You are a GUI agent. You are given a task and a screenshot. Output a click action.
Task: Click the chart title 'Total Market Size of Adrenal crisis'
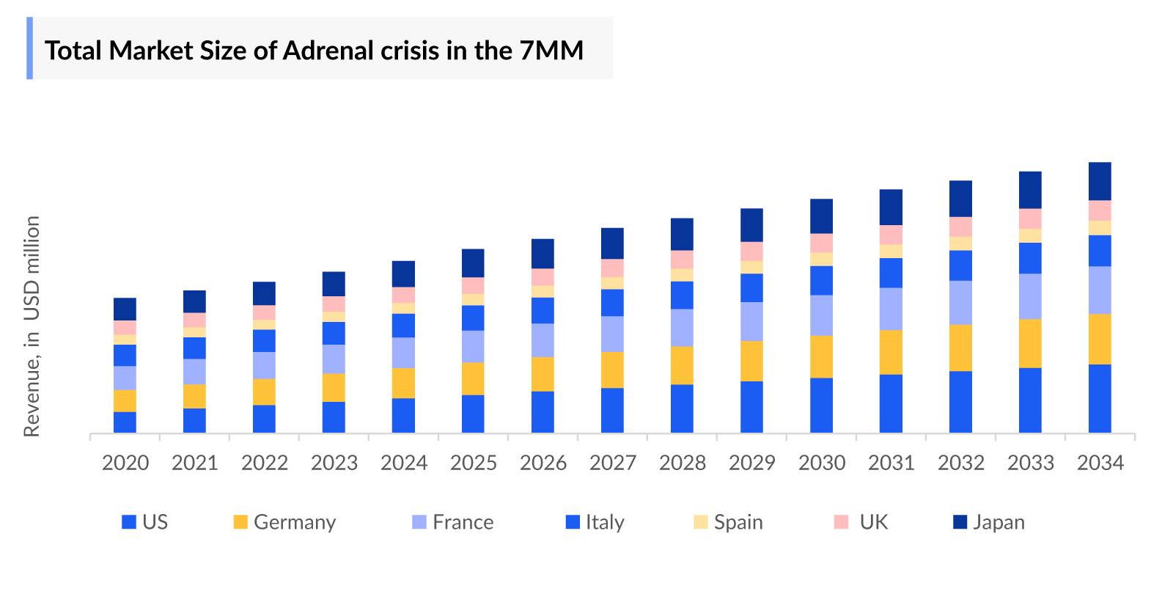314,50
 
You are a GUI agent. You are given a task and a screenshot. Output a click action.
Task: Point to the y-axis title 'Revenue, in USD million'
32,326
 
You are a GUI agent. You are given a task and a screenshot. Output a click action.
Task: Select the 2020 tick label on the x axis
125,463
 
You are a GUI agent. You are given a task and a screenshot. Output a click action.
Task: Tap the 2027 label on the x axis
613,463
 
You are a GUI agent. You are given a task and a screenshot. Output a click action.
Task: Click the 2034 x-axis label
1100,463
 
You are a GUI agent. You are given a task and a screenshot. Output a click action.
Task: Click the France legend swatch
419,522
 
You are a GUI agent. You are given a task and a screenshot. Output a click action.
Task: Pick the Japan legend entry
989,522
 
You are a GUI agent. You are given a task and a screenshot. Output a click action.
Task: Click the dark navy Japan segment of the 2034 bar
1100,180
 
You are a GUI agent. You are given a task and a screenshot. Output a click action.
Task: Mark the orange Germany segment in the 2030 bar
821,356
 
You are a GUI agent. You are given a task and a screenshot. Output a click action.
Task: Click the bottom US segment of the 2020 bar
125,422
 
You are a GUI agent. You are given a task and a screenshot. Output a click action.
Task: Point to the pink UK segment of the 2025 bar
473,285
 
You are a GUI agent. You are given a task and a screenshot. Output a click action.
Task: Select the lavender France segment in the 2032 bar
960,302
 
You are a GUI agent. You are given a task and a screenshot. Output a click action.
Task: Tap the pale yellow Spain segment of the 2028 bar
682,275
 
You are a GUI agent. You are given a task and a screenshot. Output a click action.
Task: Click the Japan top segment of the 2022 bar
264,293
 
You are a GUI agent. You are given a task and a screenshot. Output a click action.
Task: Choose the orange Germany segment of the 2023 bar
334,387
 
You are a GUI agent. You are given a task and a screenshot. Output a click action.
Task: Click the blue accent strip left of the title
30,48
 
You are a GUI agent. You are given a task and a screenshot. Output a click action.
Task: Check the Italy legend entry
595,522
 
